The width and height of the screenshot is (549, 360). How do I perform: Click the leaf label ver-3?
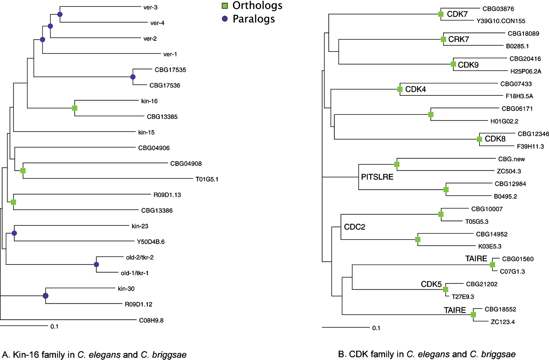point(150,7)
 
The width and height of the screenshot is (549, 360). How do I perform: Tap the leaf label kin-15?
point(146,132)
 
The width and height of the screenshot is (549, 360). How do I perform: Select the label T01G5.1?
point(207,179)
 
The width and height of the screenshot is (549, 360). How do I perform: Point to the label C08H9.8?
point(151,320)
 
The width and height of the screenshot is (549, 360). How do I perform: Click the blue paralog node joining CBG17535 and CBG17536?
point(133,77)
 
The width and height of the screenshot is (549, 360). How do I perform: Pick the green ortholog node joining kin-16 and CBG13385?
point(75,108)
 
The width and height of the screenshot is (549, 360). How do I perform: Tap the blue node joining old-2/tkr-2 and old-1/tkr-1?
point(96,265)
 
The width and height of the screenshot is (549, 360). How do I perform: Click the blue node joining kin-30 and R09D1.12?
point(46,296)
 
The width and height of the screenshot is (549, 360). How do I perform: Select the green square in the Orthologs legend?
point(225,6)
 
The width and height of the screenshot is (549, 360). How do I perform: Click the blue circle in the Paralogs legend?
point(225,19)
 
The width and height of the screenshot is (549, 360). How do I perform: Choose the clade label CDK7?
point(457,14)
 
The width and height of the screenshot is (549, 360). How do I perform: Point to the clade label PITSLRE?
point(377,177)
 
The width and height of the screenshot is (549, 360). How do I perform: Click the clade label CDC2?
point(354,227)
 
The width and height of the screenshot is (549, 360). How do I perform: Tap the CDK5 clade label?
point(431,284)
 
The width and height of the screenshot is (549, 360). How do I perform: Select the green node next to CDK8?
point(479,139)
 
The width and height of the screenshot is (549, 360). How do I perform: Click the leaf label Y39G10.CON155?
point(501,21)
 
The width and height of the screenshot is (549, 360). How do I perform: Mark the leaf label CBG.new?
point(511,159)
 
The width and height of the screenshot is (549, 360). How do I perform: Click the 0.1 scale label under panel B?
point(376,328)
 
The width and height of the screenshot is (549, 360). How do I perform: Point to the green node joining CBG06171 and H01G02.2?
point(431,115)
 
